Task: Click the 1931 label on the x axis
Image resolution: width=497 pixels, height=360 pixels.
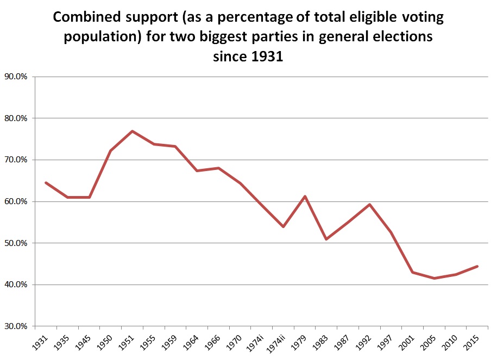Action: (40, 342)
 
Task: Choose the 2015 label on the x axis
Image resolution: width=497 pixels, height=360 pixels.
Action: (471, 342)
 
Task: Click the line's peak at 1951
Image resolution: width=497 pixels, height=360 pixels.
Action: (132, 131)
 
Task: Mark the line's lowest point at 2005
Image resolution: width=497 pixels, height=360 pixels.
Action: (434, 278)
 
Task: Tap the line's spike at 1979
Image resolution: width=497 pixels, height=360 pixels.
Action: (305, 196)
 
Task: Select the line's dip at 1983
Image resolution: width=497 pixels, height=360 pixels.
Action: (326, 239)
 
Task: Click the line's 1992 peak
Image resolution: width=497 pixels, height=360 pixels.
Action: (369, 204)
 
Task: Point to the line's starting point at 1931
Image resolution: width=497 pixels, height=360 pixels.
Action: (46, 182)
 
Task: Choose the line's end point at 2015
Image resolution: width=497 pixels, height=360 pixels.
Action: (477, 266)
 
